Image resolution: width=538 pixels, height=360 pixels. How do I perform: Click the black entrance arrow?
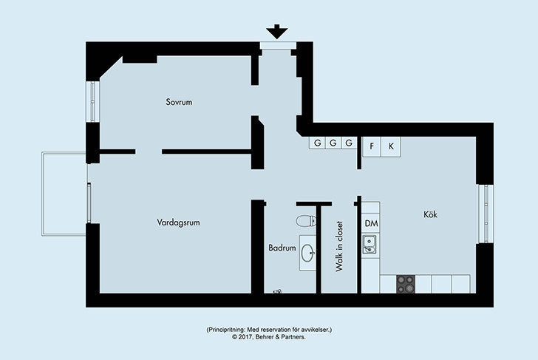tap(277, 32)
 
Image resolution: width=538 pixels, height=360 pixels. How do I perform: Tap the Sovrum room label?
tap(179, 102)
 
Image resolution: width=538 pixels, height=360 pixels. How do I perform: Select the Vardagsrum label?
tap(178, 223)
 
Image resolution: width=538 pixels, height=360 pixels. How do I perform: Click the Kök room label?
tap(430, 214)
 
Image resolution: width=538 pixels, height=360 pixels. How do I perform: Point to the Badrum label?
tap(282, 248)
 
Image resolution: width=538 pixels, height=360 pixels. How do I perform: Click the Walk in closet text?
tap(339, 246)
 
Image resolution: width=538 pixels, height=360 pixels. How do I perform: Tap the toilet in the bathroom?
tap(306, 221)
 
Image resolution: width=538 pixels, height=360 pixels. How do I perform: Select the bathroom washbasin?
tap(307, 254)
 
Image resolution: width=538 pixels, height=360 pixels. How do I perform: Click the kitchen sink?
tap(370, 244)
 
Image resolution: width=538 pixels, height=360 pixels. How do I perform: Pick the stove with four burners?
tap(406, 284)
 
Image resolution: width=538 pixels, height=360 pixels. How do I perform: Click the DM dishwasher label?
tap(371, 224)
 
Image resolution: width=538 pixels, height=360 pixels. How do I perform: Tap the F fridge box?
tap(372, 146)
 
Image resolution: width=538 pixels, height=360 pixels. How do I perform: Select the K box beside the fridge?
tap(391, 146)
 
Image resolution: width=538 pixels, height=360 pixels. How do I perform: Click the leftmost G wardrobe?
tap(318, 143)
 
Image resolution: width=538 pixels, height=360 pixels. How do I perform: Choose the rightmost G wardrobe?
tap(349, 143)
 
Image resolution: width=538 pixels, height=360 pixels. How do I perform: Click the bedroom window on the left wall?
tap(92, 101)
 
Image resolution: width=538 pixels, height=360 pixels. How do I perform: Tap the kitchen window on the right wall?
tap(486, 214)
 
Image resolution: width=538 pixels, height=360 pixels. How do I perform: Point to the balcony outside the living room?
tap(64, 194)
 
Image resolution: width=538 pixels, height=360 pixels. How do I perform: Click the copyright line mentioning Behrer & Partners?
tap(269, 337)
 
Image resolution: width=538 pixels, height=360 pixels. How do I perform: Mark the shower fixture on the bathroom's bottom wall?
tap(277, 292)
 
